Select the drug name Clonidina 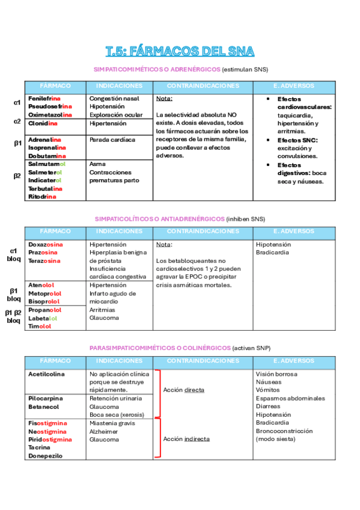pos(43,123)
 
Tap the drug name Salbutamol pos(46,164)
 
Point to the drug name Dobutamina pos(46,156)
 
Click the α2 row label pos(17,121)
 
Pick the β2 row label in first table pos(17,176)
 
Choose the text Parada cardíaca pos(112,140)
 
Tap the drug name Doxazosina pos(45,245)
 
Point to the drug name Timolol pos(40,327)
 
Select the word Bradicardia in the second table pos(274,253)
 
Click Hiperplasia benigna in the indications pos(118,253)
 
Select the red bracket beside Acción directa pos(159,394)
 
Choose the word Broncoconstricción pos(284,431)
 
